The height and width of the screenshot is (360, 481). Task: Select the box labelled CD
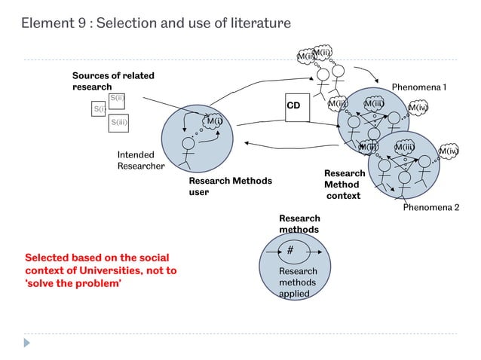[x=293, y=106]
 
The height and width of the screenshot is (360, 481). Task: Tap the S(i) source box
[x=99, y=110]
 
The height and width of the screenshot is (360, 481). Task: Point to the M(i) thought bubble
[x=214, y=121]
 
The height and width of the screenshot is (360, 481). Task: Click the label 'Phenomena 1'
[x=418, y=87]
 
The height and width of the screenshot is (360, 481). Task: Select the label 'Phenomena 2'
[x=430, y=206]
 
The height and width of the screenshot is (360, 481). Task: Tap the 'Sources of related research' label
[x=103, y=81]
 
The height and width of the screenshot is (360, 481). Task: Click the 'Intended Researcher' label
[x=140, y=160]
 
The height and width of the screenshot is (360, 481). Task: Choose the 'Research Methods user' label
[x=229, y=186]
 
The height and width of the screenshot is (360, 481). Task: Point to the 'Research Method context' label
[x=344, y=185]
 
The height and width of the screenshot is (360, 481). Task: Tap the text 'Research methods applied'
[x=298, y=282]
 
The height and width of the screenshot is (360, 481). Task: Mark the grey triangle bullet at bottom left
[x=28, y=342]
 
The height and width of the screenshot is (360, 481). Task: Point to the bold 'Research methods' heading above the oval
[x=299, y=224]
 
